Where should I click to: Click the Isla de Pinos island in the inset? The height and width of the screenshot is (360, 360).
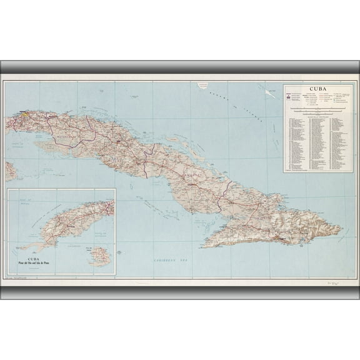coord(99,256)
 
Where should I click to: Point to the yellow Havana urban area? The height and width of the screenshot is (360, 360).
coord(24,115)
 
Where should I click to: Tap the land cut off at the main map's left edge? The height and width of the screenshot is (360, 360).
coord(9,171)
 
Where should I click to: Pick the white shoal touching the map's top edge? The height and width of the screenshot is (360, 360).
coord(202,83)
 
